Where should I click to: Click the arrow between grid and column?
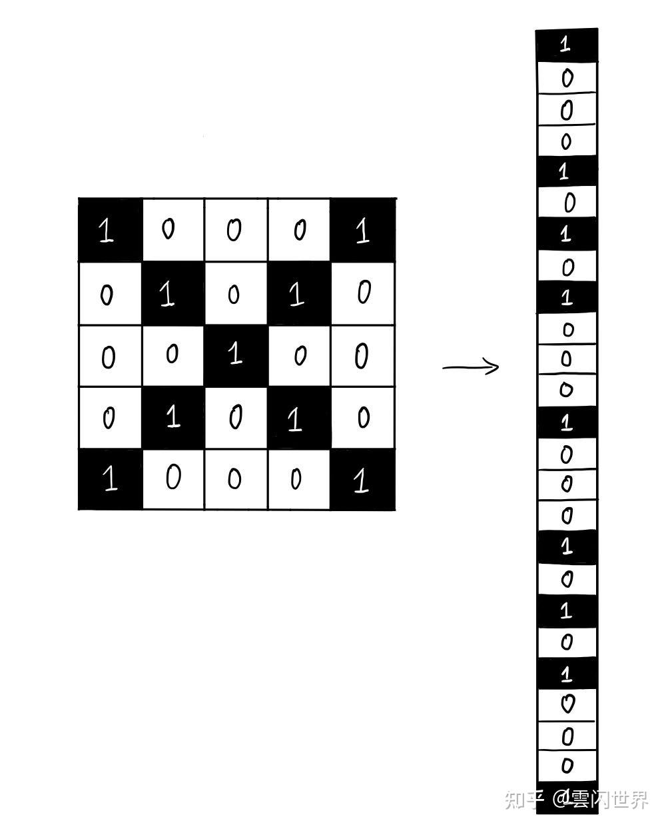pyautogui.click(x=470, y=367)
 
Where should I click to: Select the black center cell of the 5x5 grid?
pyautogui.click(x=236, y=355)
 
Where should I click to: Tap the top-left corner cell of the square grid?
pyautogui.click(x=109, y=230)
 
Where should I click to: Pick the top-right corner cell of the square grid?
pyautogui.click(x=363, y=230)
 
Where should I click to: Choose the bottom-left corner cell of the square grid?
pyautogui.click(x=110, y=480)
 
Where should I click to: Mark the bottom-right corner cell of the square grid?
pyautogui.click(x=363, y=480)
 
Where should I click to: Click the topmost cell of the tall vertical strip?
pyautogui.click(x=566, y=45)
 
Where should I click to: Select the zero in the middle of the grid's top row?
pyautogui.click(x=234, y=230)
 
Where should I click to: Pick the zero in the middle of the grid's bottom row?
pyautogui.click(x=234, y=480)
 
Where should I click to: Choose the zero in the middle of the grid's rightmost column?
pyautogui.click(x=362, y=357)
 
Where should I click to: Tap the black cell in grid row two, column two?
pyautogui.click(x=172, y=293)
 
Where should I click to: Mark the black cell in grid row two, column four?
pyautogui.click(x=299, y=293)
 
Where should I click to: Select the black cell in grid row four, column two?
pyautogui.click(x=172, y=418)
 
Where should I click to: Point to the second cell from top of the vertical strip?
pyautogui.click(x=567, y=78)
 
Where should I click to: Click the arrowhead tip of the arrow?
pyautogui.click(x=498, y=367)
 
